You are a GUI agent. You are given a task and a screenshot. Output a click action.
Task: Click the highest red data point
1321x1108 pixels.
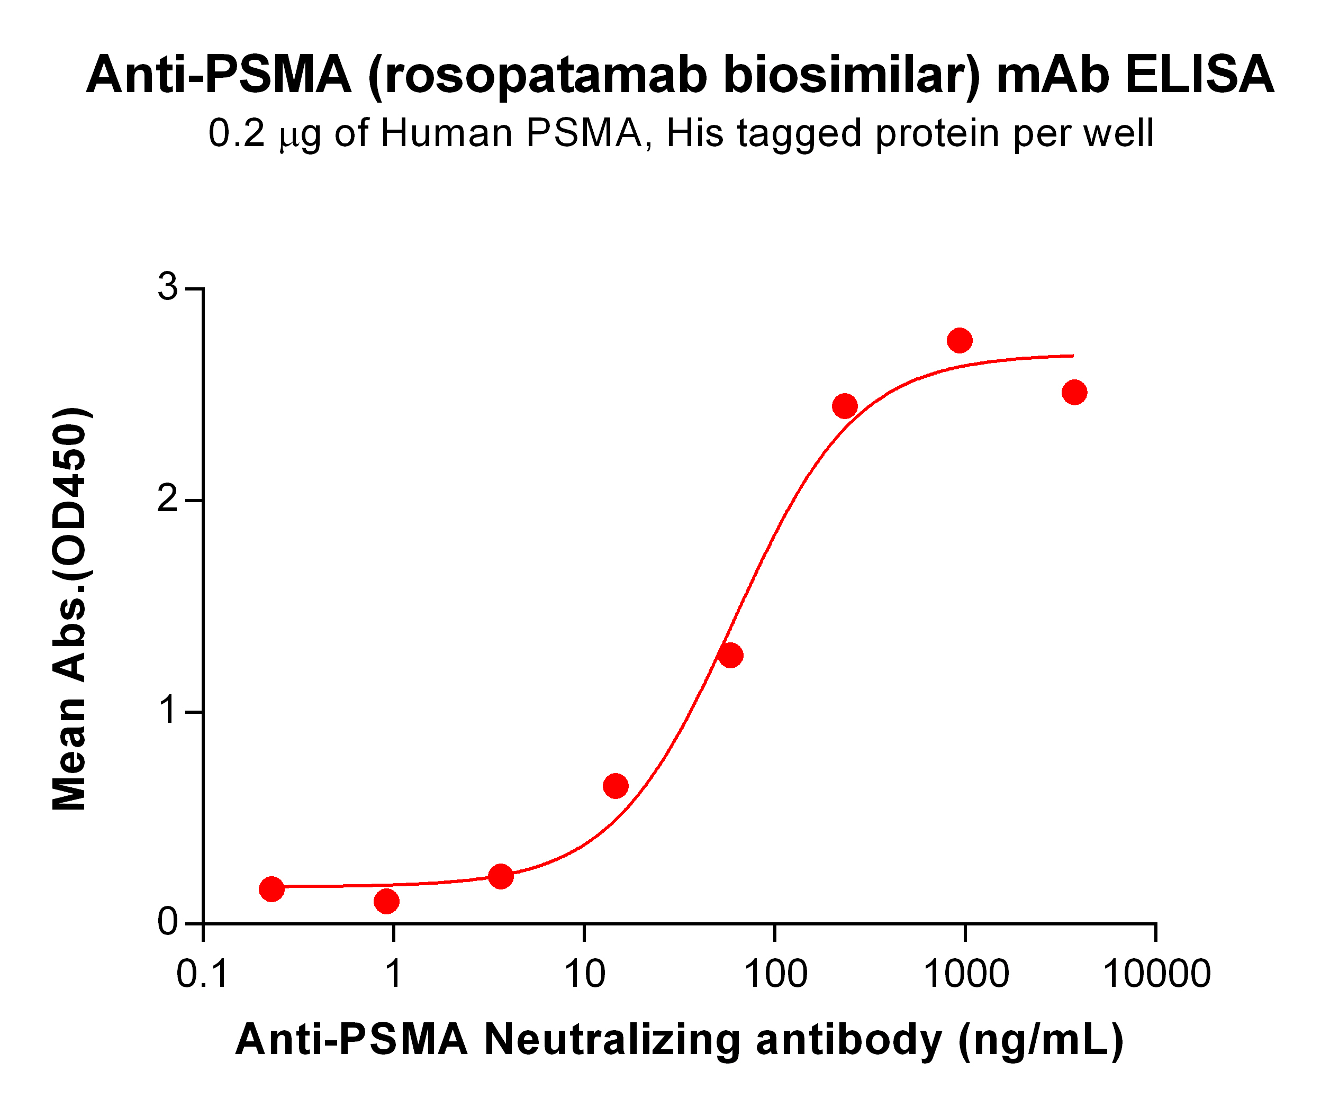pyautogui.click(x=960, y=341)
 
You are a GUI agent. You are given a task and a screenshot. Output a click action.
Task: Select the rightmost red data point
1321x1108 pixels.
pyautogui.click(x=1074, y=393)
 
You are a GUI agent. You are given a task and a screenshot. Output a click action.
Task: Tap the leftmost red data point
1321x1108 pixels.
pyautogui.click(x=271, y=889)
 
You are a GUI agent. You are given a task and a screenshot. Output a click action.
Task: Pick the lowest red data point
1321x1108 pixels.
pyautogui.click(x=386, y=902)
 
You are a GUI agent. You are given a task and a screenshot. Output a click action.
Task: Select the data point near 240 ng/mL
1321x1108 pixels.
pyautogui.click(x=845, y=406)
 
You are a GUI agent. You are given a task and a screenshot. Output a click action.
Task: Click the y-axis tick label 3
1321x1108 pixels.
pyautogui.click(x=167, y=288)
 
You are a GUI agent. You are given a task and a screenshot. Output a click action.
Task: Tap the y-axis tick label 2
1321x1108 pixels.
pyautogui.click(x=167, y=501)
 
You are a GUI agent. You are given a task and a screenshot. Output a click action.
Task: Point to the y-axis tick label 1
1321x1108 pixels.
pyautogui.click(x=167, y=712)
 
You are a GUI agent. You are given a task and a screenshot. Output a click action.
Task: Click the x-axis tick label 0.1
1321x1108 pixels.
pyautogui.click(x=202, y=975)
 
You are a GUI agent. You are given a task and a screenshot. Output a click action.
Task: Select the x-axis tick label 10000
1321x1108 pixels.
pyautogui.click(x=1156, y=975)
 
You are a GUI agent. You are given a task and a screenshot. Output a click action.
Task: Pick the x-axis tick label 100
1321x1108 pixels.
pyautogui.click(x=775, y=975)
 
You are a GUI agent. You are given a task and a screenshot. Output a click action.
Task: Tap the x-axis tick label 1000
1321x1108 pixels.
pyautogui.click(x=965, y=975)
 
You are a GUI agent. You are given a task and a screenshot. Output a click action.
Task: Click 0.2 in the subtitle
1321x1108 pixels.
pyautogui.click(x=237, y=133)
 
